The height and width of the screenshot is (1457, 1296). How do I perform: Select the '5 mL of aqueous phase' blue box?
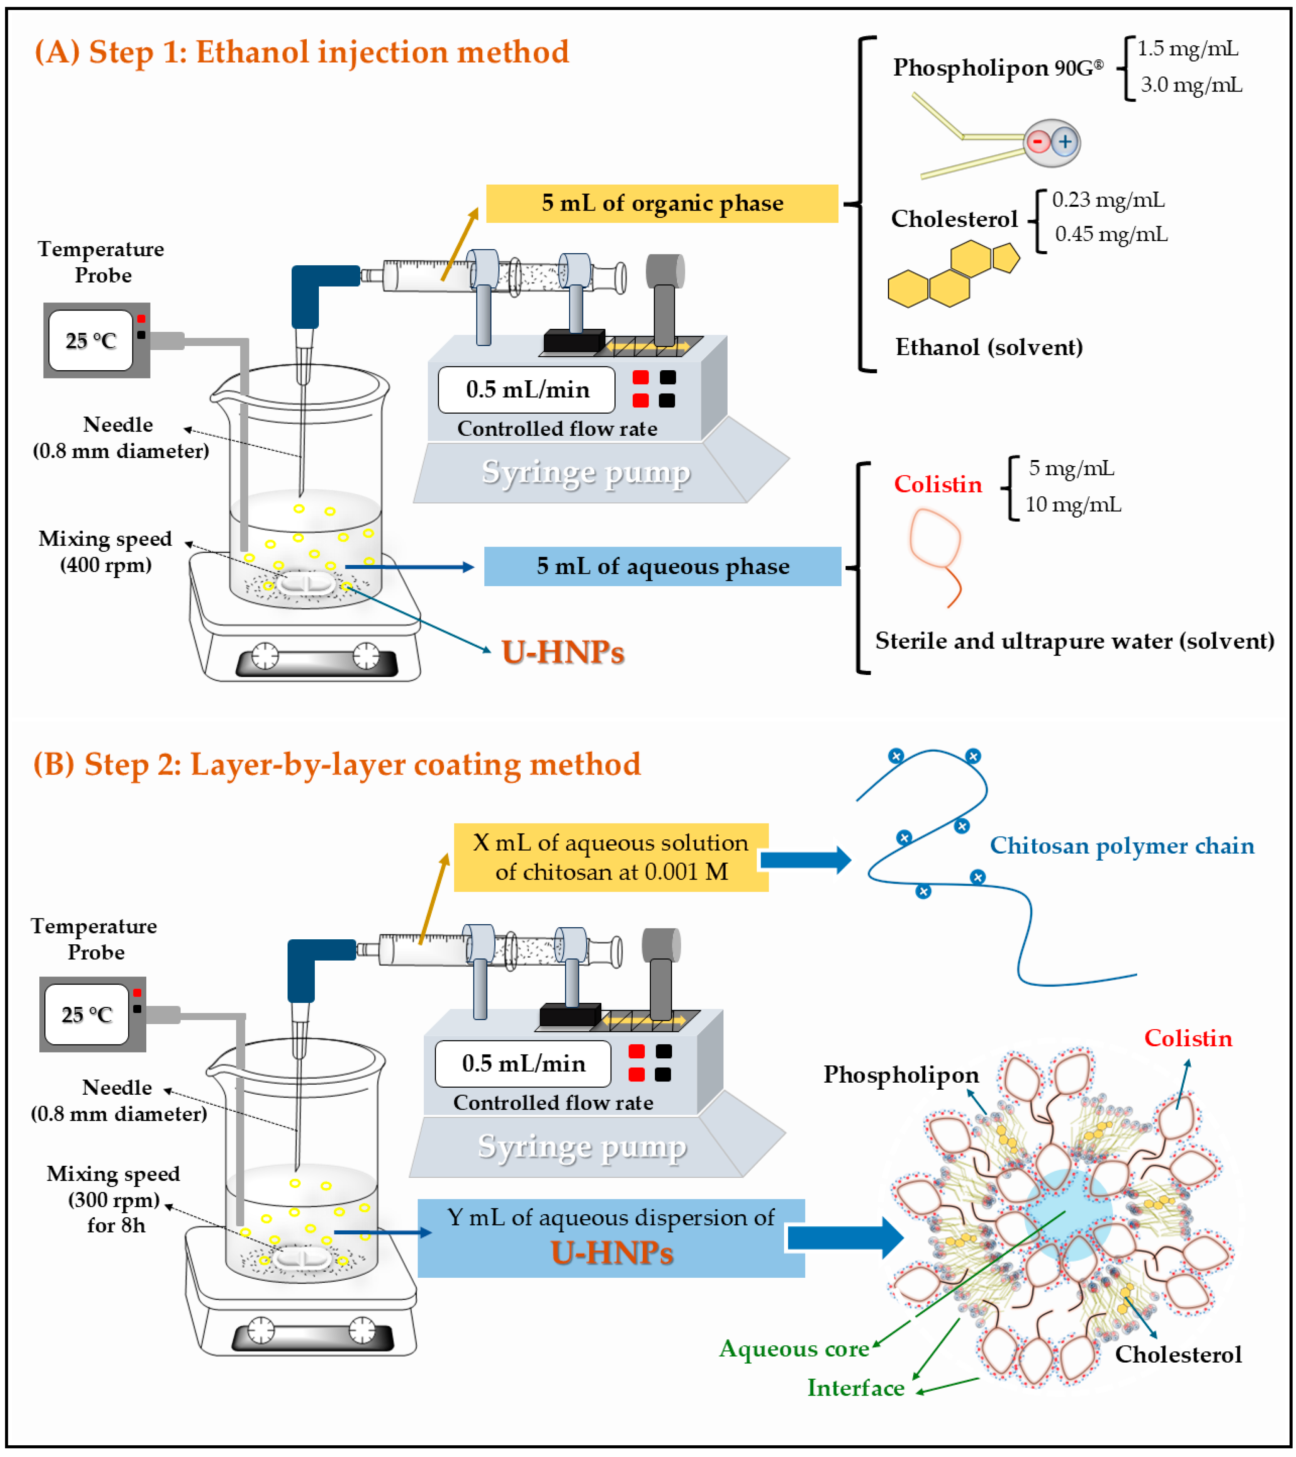[x=662, y=567]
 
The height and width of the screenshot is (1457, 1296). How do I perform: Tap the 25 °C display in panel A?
[x=91, y=341]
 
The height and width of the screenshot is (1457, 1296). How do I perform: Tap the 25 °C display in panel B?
[x=86, y=1015]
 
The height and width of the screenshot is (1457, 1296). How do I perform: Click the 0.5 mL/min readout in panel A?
[x=527, y=390]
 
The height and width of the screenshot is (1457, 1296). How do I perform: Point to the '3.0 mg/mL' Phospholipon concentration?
[x=1191, y=86]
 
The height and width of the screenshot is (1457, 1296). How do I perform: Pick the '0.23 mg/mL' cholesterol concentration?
[x=1108, y=200]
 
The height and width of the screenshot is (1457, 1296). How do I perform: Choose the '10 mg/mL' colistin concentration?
[x=1073, y=506]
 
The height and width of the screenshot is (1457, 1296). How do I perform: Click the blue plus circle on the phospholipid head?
[x=1064, y=142]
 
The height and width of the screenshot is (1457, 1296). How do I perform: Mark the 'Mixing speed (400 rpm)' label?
[x=105, y=552]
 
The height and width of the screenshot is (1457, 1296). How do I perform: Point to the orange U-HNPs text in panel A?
[x=563, y=652]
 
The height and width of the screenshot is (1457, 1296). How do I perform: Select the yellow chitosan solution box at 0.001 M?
[x=611, y=857]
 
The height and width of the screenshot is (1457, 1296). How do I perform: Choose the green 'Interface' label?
[x=856, y=1388]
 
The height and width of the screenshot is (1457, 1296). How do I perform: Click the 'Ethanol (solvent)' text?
[x=989, y=348]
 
